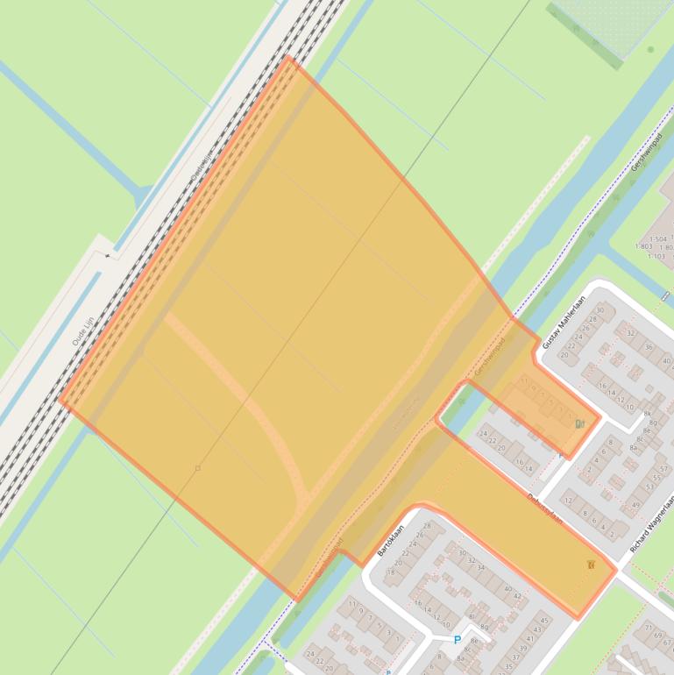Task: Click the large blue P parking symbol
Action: pos(457,641)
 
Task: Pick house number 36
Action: pos(649,347)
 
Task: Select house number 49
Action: pos(635,505)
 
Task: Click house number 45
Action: pos(542,622)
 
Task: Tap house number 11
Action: pos(352,604)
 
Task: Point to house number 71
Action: pos(649,628)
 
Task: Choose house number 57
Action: pos(663,468)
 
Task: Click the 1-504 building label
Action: pos(657,238)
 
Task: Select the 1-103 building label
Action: pos(656,256)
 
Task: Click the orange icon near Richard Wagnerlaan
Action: pos(592,565)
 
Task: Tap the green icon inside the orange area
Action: pos(579,424)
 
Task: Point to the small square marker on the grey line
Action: pos(197,468)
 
